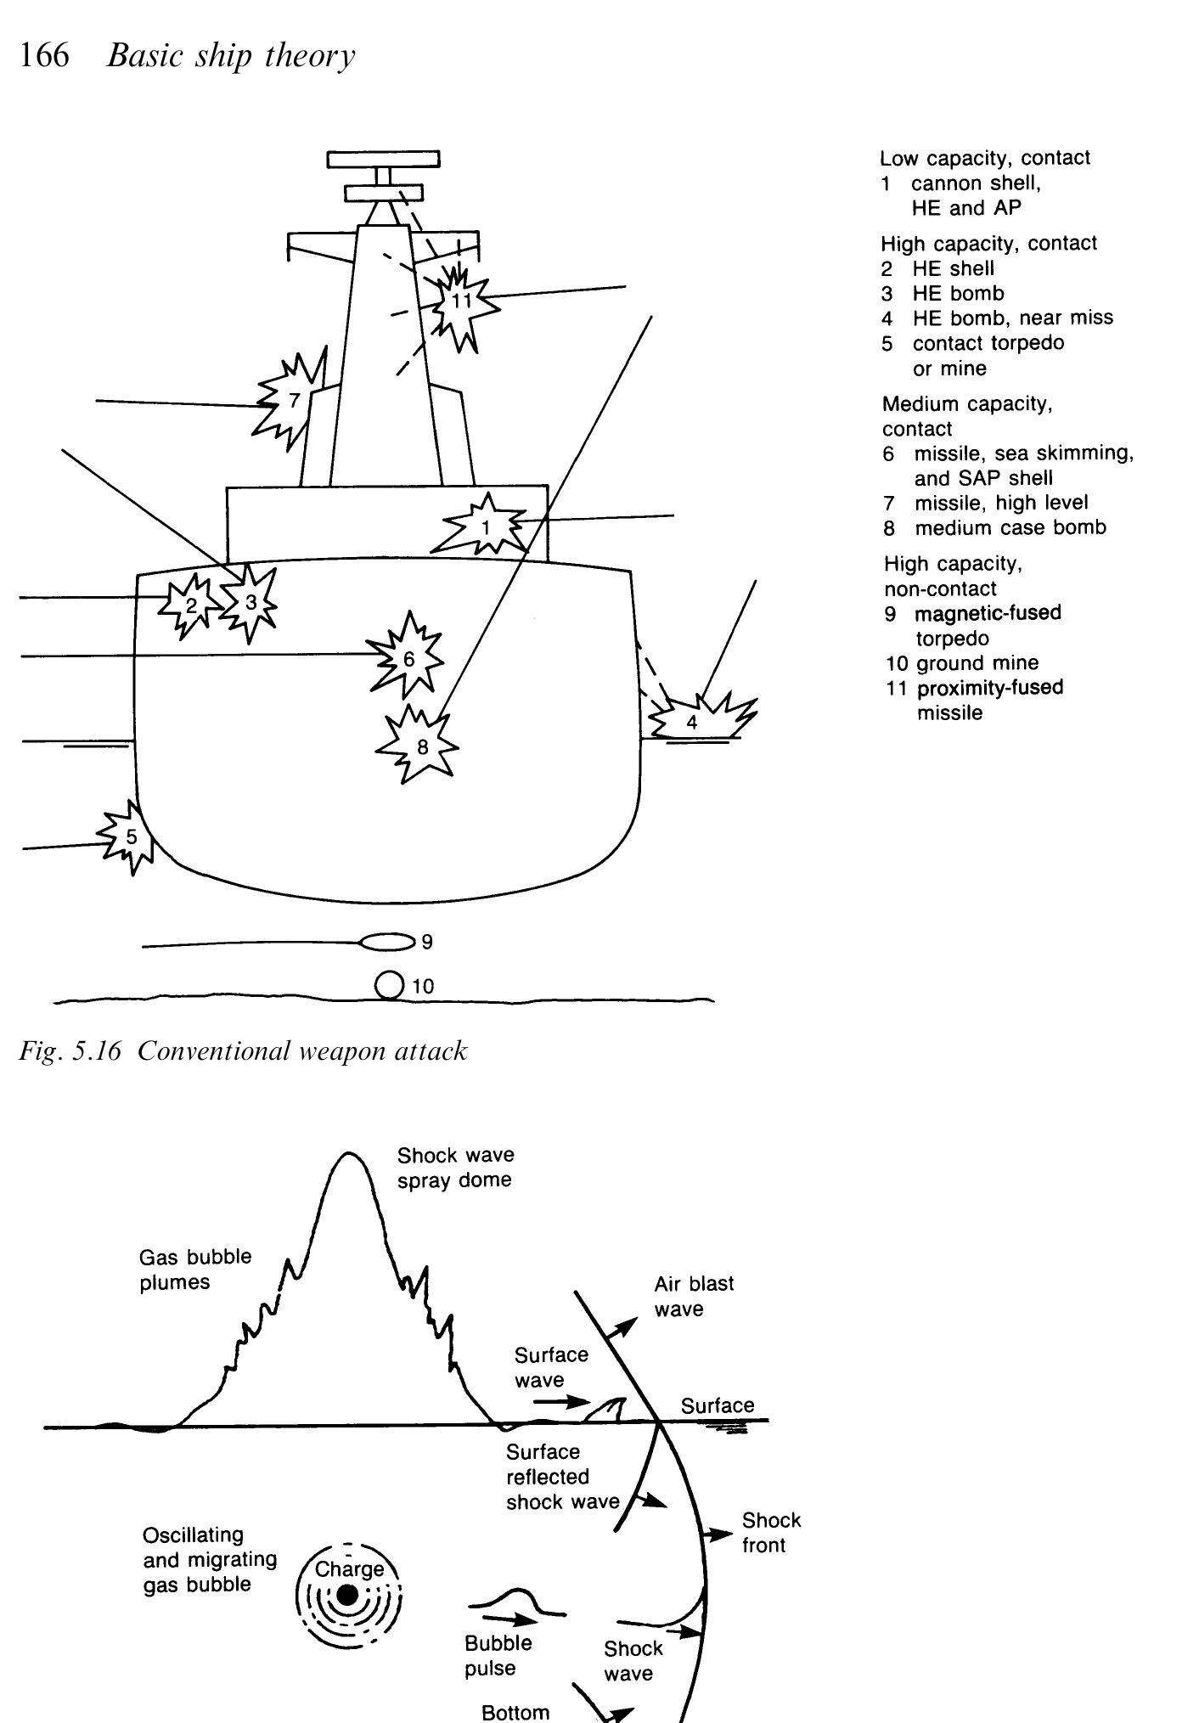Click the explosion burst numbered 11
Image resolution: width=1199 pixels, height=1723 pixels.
click(x=461, y=301)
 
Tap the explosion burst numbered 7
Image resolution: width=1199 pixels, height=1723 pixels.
click(x=293, y=401)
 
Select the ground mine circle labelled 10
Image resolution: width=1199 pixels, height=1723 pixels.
click(x=389, y=985)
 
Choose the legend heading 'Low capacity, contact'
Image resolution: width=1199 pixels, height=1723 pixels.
click(x=985, y=158)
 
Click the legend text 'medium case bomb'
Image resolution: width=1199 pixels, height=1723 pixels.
click(x=1010, y=527)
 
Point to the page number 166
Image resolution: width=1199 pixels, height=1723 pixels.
click(x=44, y=56)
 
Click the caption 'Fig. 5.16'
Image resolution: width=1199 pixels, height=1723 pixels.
click(x=70, y=1051)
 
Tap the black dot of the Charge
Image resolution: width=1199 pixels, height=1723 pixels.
click(x=346, y=1596)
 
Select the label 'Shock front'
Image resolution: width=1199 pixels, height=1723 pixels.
click(x=770, y=1532)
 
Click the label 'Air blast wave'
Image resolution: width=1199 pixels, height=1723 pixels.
click(x=693, y=1296)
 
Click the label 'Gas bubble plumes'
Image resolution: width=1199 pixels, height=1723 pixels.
click(x=195, y=1269)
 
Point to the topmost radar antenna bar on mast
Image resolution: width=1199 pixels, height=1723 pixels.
click(x=384, y=160)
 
